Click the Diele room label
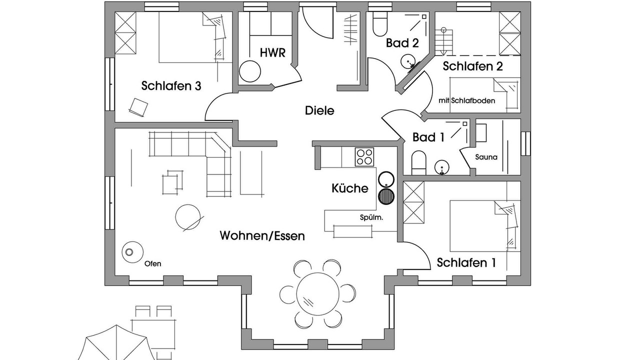click(x=319, y=110)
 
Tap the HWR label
click(x=272, y=52)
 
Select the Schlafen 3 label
click(x=171, y=86)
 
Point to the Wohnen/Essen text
click(x=262, y=235)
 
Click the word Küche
click(x=350, y=188)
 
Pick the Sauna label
click(x=486, y=157)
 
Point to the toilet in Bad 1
click(x=418, y=163)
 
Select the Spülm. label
click(x=371, y=217)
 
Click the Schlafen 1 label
click(x=466, y=262)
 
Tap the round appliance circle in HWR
click(x=250, y=71)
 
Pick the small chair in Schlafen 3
click(x=138, y=106)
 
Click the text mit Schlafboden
click(x=466, y=100)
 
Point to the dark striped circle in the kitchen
click(x=386, y=196)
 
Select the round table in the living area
click(x=188, y=216)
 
